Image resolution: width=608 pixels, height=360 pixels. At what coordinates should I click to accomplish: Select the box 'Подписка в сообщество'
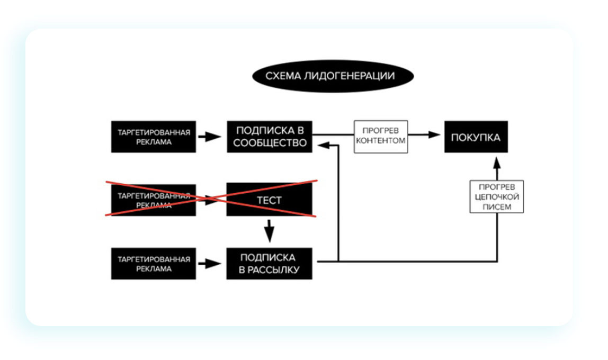(270, 137)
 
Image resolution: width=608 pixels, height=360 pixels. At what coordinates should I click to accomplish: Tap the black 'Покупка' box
(476, 137)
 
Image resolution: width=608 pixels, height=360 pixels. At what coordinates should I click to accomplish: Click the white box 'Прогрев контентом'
(381, 137)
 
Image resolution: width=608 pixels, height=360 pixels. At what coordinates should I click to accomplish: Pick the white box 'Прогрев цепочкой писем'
(497, 197)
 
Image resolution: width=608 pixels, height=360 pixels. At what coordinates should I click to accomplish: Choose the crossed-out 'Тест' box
(270, 200)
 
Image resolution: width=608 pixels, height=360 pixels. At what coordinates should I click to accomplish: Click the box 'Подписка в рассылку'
(270, 264)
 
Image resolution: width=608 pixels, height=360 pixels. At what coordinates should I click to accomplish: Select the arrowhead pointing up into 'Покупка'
(497, 161)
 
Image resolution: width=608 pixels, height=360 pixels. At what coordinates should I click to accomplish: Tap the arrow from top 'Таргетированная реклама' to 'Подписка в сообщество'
(210, 137)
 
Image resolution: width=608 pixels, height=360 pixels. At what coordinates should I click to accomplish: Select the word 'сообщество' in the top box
(271, 143)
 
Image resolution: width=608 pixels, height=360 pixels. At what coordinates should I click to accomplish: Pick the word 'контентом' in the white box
(381, 141)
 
